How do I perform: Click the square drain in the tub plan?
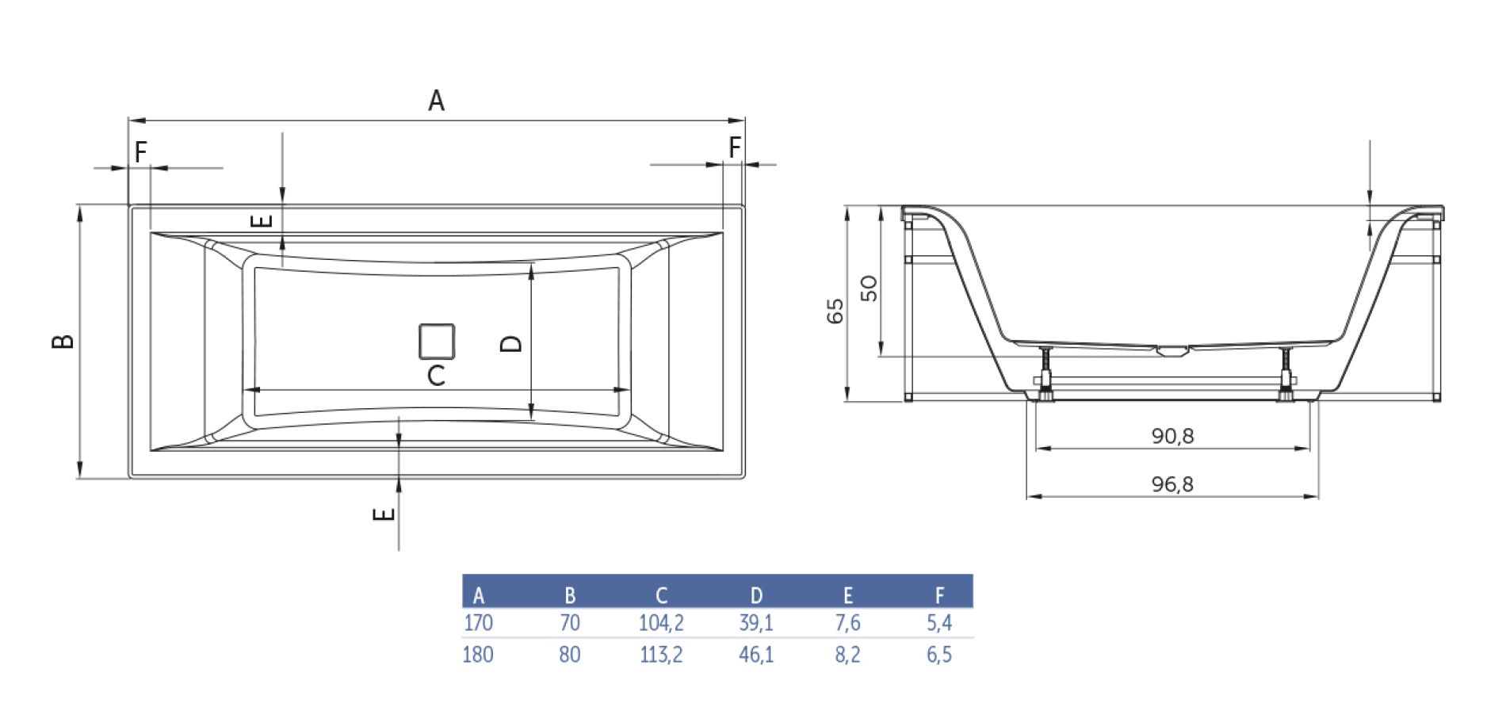tap(437, 342)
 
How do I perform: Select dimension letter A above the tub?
tap(436, 101)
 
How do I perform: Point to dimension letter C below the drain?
tap(436, 375)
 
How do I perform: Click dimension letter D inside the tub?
tap(512, 342)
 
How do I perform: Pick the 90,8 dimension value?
tap(1172, 435)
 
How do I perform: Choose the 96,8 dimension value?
tap(1172, 483)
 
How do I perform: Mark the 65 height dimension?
tap(835, 311)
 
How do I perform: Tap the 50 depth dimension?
tap(869, 288)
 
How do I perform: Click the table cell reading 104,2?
tap(661, 623)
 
